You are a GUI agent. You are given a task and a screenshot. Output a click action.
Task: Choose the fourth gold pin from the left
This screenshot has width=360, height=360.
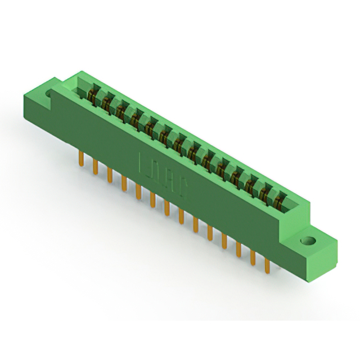click(x=124, y=182)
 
